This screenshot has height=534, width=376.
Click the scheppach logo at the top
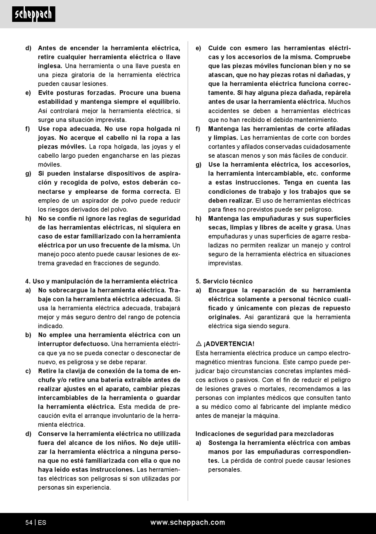34,14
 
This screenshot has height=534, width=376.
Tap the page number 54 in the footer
29,523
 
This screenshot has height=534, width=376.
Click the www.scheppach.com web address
188,523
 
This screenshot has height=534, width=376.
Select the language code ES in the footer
42,523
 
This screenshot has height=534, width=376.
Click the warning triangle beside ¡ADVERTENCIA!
199,344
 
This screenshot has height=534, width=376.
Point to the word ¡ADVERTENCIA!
229,344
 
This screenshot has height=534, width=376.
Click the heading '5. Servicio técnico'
224,281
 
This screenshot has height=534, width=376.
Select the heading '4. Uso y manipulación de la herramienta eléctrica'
101,281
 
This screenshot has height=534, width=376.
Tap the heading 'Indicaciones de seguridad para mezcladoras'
264,434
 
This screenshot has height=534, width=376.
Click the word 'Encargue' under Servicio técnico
223,290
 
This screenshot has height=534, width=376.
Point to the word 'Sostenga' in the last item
223,443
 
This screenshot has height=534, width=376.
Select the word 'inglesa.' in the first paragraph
50,66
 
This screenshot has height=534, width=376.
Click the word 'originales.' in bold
224,317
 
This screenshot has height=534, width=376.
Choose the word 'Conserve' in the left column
53,434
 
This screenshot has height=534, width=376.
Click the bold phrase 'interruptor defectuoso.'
74,344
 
